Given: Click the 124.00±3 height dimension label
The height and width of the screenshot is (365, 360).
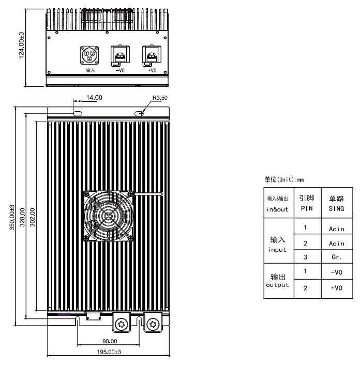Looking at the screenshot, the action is pyautogui.click(x=21, y=45).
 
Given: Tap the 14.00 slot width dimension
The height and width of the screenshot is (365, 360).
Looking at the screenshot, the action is pyautogui.click(x=94, y=98).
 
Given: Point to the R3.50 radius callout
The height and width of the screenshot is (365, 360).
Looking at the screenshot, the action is pyautogui.click(x=160, y=98).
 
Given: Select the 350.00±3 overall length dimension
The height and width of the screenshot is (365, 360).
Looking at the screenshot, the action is pyautogui.click(x=12, y=218).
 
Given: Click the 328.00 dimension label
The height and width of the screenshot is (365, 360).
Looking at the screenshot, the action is pyautogui.click(x=22, y=218).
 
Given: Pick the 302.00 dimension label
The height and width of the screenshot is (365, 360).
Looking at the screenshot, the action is pyautogui.click(x=33, y=218).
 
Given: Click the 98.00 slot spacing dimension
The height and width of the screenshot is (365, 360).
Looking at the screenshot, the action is pyautogui.click(x=110, y=341).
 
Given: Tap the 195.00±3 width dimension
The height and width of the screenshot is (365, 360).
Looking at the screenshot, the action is pyautogui.click(x=109, y=352).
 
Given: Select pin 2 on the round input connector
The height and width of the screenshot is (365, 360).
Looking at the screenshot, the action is pyautogui.click(x=89, y=58).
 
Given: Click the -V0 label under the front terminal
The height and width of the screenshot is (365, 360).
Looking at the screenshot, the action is pyautogui.click(x=120, y=70).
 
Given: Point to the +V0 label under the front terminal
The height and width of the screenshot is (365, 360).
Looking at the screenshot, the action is pyautogui.click(x=152, y=70).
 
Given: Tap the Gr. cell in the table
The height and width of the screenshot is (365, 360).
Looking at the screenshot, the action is pyautogui.click(x=337, y=257).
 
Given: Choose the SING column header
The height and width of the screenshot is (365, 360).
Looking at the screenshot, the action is pyautogui.click(x=337, y=208).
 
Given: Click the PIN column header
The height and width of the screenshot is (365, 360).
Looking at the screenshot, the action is pyautogui.click(x=307, y=208).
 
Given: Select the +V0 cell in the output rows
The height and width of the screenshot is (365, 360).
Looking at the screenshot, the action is pyautogui.click(x=337, y=288).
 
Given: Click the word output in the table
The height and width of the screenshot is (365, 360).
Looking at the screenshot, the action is pyautogui.click(x=277, y=285).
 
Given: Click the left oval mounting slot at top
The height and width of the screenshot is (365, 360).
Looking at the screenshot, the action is pyautogui.click(x=78, y=114).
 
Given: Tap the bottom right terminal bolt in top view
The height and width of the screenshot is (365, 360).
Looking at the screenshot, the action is pyautogui.click(x=153, y=324).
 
